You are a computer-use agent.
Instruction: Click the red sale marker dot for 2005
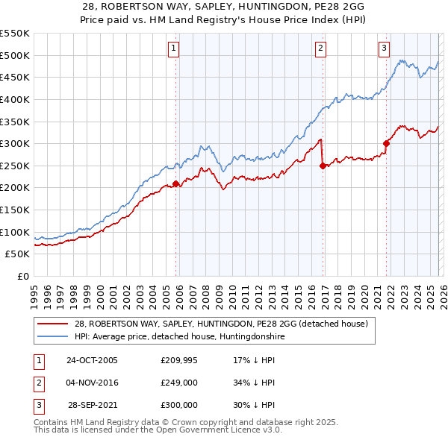176,183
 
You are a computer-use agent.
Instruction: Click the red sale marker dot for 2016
323,166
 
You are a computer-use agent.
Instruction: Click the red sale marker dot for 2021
387,144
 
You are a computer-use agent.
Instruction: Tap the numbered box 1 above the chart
173,49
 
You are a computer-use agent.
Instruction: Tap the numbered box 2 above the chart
320,49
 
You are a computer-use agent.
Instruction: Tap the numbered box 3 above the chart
385,49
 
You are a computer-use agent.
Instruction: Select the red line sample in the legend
53,324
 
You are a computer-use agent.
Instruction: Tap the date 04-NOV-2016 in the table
92,383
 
